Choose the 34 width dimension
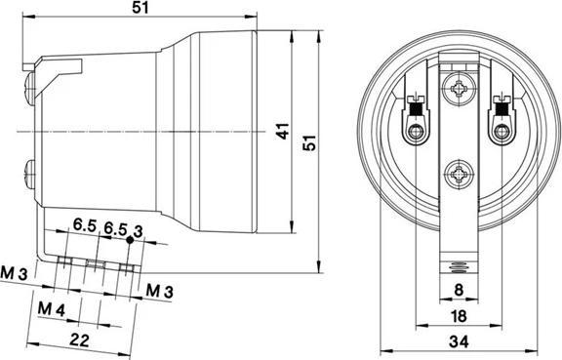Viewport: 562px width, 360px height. pos(459,340)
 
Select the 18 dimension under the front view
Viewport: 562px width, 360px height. pos(459,314)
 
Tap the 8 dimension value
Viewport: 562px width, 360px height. pos(460,290)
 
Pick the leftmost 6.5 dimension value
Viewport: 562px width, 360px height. pos(84,226)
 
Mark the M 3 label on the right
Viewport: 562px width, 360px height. pos(159,290)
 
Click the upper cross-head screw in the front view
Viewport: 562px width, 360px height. pos(459,92)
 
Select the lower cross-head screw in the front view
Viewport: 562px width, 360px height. pos(459,178)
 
